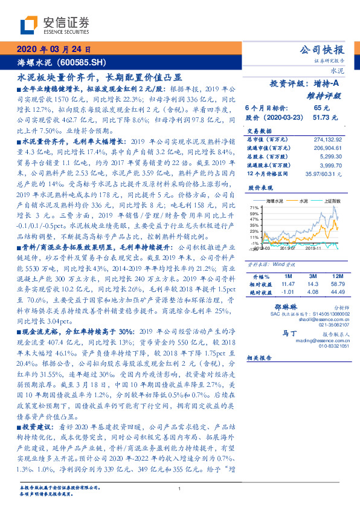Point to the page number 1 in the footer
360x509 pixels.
point(180,489)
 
